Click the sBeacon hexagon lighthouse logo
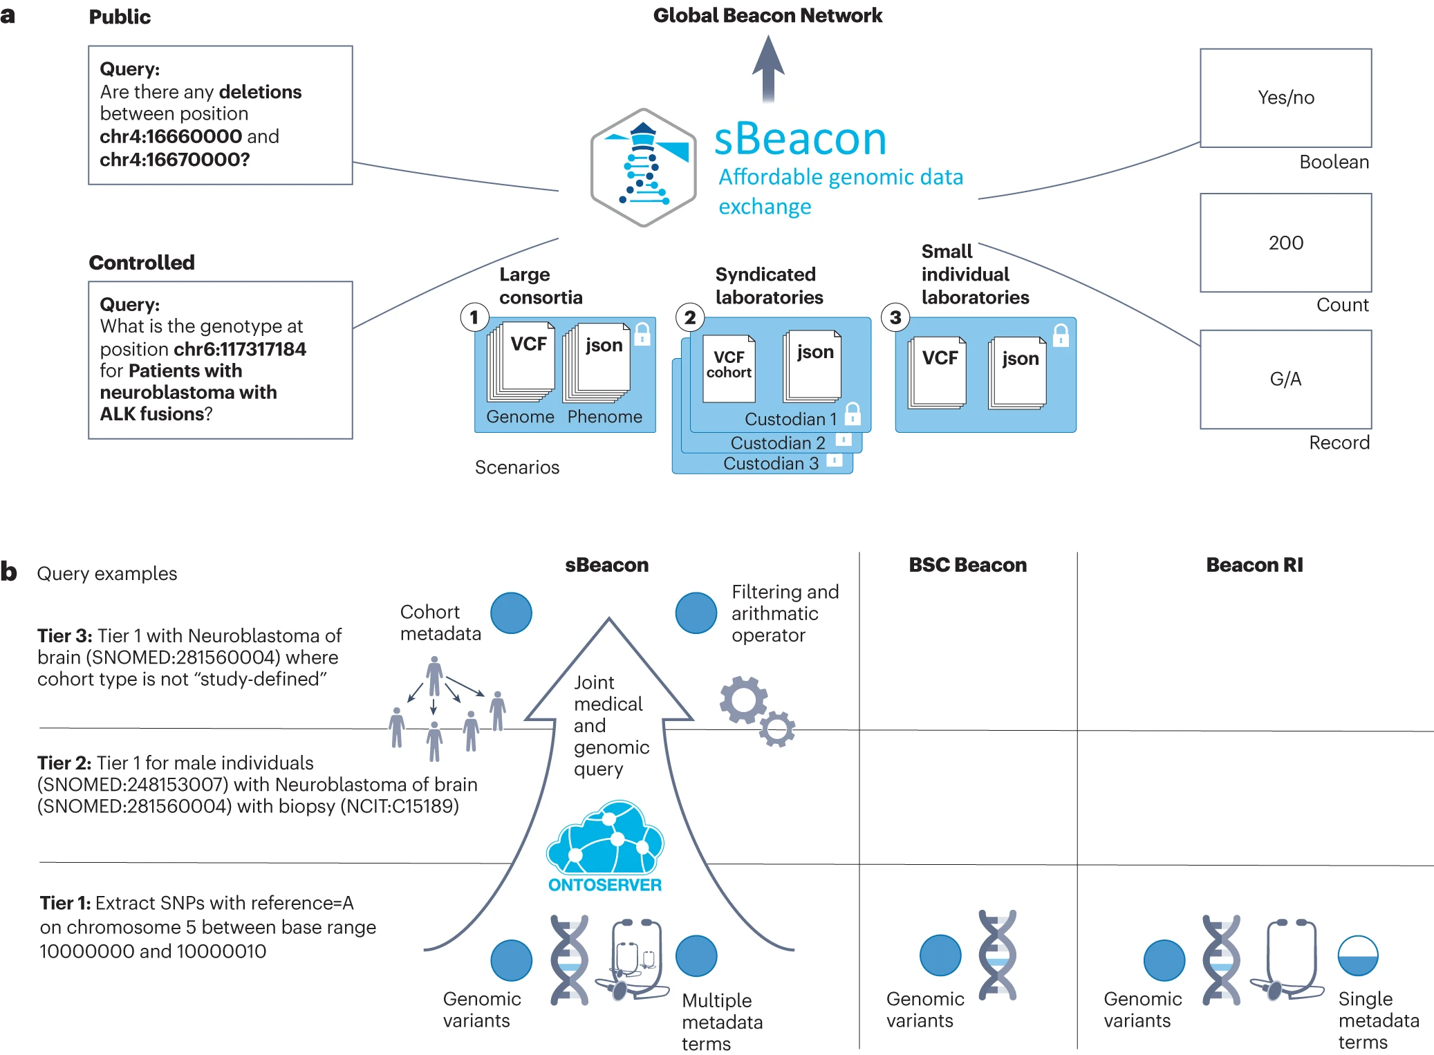pyautogui.click(x=643, y=167)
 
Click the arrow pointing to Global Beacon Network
pyautogui.click(x=768, y=69)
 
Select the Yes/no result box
pyautogui.click(x=1285, y=97)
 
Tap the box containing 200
pyautogui.click(x=1285, y=243)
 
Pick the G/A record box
pyautogui.click(x=1285, y=379)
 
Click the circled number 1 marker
pyautogui.click(x=474, y=317)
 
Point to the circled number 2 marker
pyautogui.click(x=689, y=317)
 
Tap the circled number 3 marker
pyautogui.click(x=895, y=317)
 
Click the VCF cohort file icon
pyautogui.click(x=729, y=367)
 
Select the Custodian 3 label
pyautogui.click(x=770, y=463)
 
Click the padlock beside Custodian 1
pyautogui.click(x=853, y=413)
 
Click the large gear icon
pyautogui.click(x=743, y=700)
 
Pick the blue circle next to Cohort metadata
pyautogui.click(x=511, y=613)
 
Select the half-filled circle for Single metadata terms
pyautogui.click(x=1358, y=955)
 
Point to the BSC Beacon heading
pyautogui.click(x=967, y=565)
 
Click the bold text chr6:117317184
pyautogui.click(x=240, y=348)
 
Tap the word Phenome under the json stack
pyautogui.click(x=605, y=417)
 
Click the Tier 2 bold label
pyautogui.click(x=64, y=763)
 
